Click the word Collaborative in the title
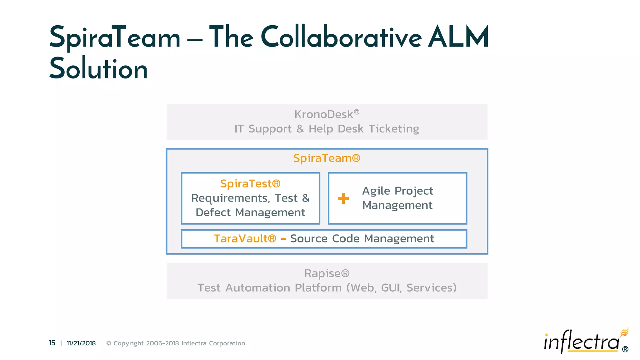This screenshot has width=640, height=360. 341,37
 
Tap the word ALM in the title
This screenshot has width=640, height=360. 458,37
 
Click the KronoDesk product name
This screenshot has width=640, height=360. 324,114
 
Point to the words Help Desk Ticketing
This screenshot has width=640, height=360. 364,129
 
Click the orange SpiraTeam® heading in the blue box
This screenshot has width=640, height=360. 327,158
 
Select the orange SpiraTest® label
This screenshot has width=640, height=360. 250,183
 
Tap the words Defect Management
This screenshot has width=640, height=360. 250,212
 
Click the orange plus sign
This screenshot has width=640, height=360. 343,198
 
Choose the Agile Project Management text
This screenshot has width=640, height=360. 397,198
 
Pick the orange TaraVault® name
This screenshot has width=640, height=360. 245,239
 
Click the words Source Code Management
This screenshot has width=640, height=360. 362,239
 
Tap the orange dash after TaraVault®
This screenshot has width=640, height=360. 283,239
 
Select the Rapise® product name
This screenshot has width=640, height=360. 327,273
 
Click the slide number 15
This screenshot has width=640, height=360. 52,343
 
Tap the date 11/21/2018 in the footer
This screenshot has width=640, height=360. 81,343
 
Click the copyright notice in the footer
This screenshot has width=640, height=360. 176,343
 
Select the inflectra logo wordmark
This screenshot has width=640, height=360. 581,342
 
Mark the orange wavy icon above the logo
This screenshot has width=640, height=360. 624,332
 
